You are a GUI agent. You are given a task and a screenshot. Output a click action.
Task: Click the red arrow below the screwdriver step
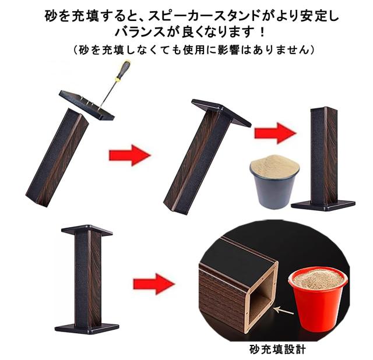point(129,156)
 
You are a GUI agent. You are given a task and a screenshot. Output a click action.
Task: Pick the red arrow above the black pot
point(275,133)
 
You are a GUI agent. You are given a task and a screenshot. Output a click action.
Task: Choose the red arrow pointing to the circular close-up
point(153,284)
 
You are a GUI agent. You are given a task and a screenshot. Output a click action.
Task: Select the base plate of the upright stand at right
point(323,204)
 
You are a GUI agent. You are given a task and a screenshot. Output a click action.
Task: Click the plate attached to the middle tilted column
point(221,114)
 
